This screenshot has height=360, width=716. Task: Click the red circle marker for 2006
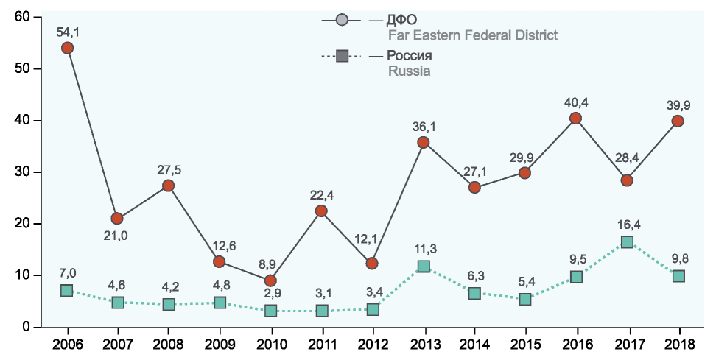point(67,48)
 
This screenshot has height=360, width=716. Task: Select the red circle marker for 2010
point(270,280)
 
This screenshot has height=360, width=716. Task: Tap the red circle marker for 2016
point(576,119)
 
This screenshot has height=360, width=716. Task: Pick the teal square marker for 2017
point(627,242)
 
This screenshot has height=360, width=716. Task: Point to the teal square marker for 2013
point(424,267)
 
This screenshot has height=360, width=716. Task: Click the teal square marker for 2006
point(67,291)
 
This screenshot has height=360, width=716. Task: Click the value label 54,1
point(67,31)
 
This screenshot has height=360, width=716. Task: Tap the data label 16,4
point(627,225)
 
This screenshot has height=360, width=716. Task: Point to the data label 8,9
point(270,264)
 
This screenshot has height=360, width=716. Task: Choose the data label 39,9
point(678,104)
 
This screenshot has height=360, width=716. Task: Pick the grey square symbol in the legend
point(342,56)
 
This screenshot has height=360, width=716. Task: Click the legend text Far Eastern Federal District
point(472,35)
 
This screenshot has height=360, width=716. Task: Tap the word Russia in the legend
point(409,71)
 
